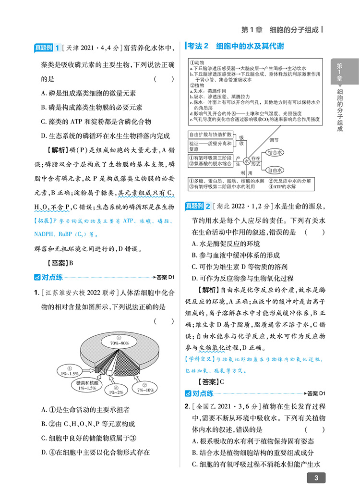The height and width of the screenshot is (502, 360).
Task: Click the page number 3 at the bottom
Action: pos(315,478)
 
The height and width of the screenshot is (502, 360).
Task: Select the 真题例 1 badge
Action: pos(47,48)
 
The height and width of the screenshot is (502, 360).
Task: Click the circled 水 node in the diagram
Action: pos(247,161)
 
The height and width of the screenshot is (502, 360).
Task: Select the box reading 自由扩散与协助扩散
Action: pos(210,134)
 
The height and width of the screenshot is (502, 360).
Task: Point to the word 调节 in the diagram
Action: pos(274,140)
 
